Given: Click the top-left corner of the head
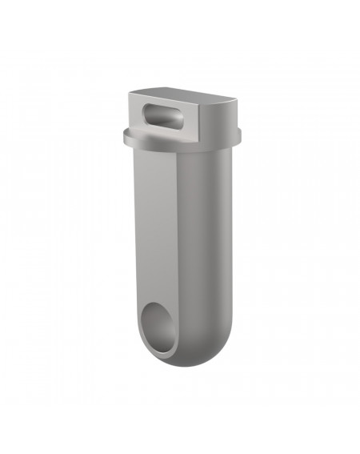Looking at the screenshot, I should pos(131,94).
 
